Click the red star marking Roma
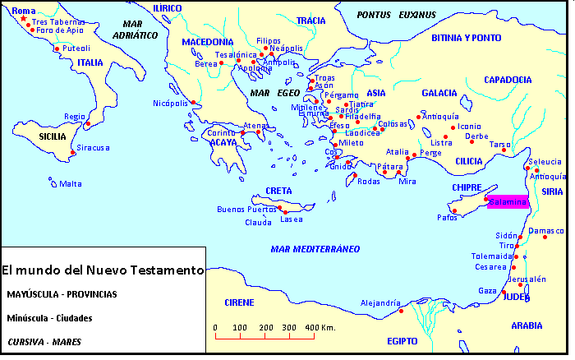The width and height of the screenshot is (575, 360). click(x=23, y=19)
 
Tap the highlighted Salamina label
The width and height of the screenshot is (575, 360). click(x=508, y=202)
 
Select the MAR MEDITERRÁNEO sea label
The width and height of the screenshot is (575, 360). click(x=315, y=248)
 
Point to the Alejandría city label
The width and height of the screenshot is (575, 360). click(x=380, y=303)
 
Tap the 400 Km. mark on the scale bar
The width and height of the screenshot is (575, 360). click(x=316, y=328)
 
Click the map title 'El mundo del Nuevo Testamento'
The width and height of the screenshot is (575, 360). click(x=102, y=270)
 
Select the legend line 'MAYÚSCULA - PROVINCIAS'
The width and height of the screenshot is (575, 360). click(x=61, y=294)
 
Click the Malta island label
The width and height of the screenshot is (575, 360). click(x=71, y=183)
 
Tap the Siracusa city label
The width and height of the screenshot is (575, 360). click(x=93, y=148)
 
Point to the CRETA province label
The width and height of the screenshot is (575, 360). click(x=278, y=191)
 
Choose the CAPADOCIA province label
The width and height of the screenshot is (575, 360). click(x=508, y=80)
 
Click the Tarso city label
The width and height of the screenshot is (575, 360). click(x=500, y=144)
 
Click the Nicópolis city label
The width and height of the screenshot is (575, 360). click(x=171, y=103)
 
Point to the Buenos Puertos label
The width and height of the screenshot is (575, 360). click(x=246, y=210)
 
